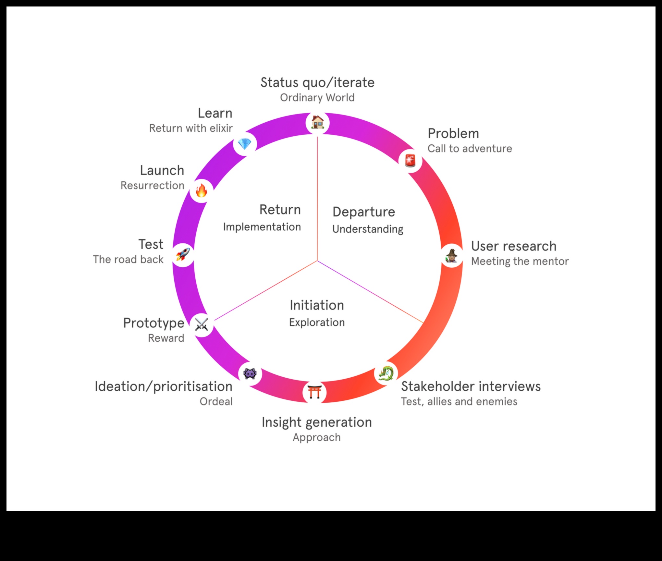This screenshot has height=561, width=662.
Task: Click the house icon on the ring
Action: pyautogui.click(x=317, y=123)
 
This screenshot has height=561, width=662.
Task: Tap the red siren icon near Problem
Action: pyautogui.click(x=410, y=160)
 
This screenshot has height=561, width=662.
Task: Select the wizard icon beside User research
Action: pyautogui.click(x=451, y=256)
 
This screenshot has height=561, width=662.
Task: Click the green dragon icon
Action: pyautogui.click(x=386, y=373)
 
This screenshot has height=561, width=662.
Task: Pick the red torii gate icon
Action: pyautogui.click(x=314, y=392)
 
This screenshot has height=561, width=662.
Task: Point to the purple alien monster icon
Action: pyautogui.click(x=250, y=373)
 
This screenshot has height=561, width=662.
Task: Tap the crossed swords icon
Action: pyautogui.click(x=202, y=324)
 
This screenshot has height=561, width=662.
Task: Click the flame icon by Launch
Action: pyautogui.click(x=201, y=190)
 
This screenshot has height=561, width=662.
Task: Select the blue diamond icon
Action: pyautogui.click(x=245, y=144)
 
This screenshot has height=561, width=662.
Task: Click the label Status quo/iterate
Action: pyautogui.click(x=317, y=82)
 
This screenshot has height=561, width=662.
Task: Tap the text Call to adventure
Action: pyautogui.click(x=470, y=149)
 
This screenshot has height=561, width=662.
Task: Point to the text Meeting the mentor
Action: pyautogui.click(x=520, y=261)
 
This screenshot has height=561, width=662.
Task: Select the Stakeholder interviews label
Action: pyautogui.click(x=471, y=386)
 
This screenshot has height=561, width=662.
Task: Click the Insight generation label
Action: pyautogui.click(x=317, y=422)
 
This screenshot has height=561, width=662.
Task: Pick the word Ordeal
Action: pyautogui.click(x=216, y=402)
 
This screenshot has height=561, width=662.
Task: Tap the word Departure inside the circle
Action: pyautogui.click(x=364, y=212)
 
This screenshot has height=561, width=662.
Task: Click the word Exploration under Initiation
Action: pyautogui.click(x=317, y=323)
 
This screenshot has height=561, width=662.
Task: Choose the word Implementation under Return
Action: pyautogui.click(x=262, y=227)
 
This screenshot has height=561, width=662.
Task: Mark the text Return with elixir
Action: pyautogui.click(x=191, y=128)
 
